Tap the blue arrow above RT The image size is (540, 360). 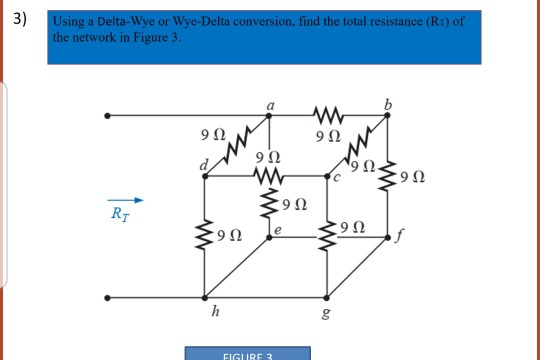click(125, 197)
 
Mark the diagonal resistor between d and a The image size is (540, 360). click(240, 146)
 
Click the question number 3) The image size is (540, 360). click(15, 19)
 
